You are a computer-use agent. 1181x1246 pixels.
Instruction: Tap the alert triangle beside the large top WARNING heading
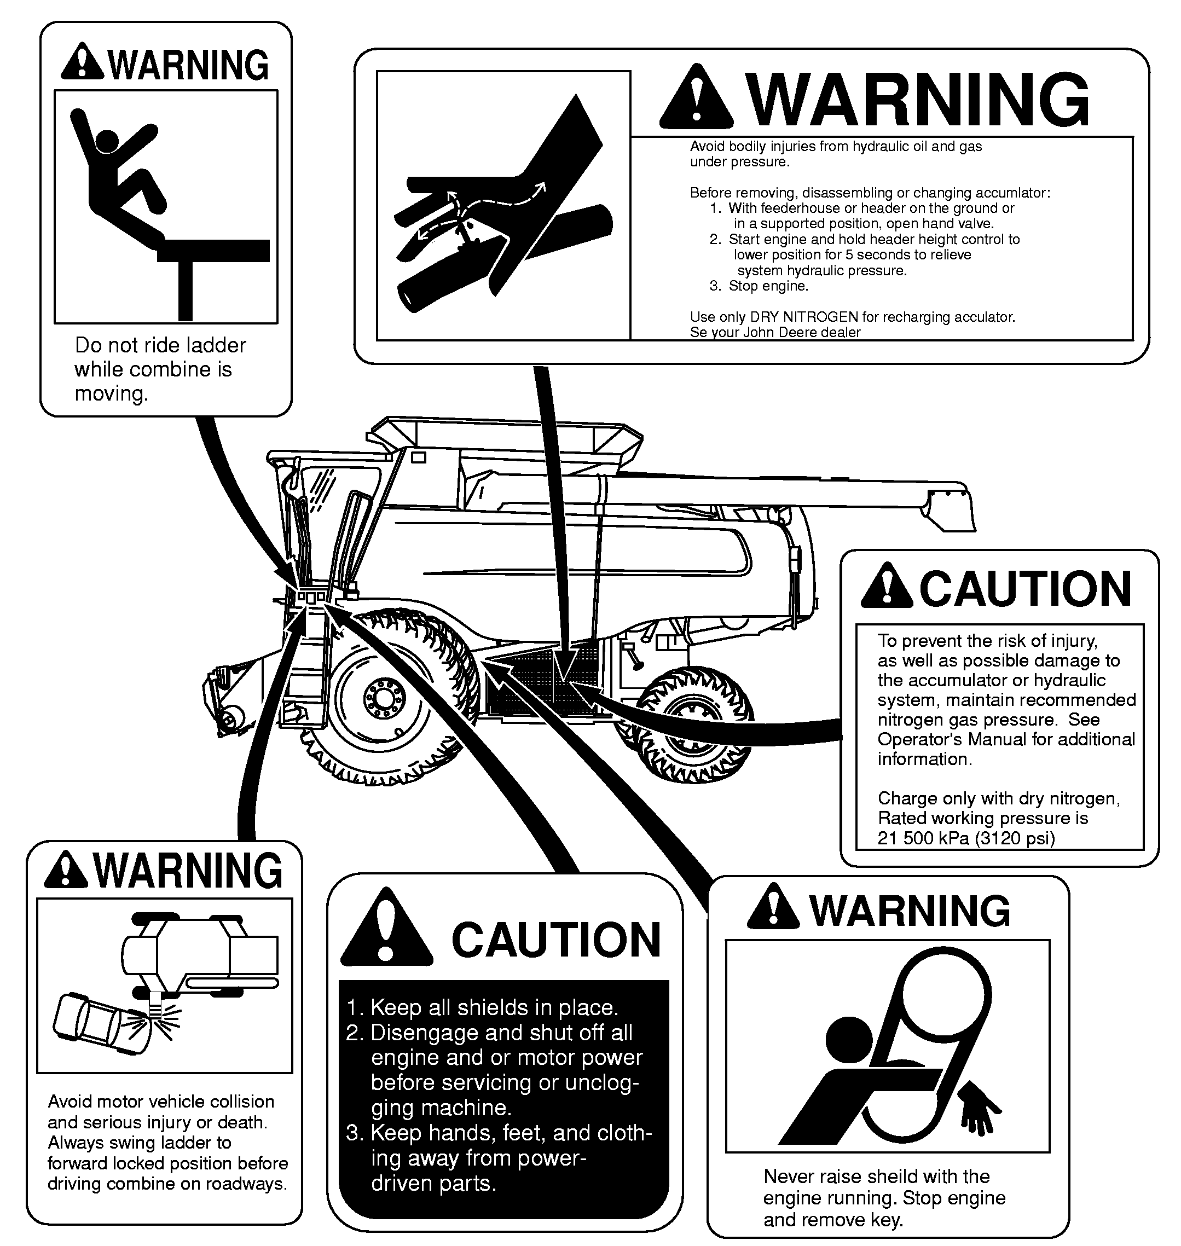[696, 97]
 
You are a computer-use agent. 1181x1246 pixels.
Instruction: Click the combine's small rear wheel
[692, 724]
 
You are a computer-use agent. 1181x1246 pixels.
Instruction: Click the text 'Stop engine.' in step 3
[768, 286]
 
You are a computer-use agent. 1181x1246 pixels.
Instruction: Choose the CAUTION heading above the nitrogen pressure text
[1026, 589]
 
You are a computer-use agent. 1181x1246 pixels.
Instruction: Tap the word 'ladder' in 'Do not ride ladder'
[213, 345]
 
